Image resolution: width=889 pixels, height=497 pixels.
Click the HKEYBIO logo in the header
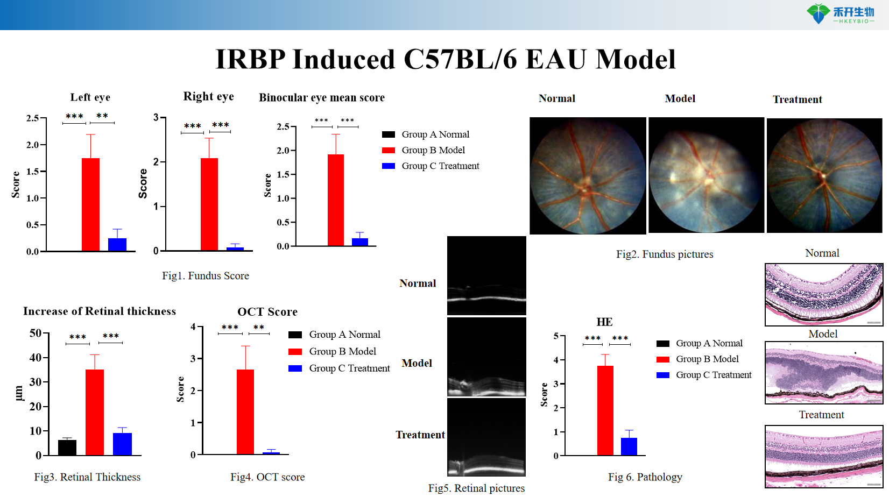[x=840, y=14]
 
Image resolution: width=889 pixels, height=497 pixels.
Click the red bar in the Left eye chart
[x=90, y=204]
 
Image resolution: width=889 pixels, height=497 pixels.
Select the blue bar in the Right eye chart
[x=235, y=248]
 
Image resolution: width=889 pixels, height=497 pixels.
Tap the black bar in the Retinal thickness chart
[x=67, y=448]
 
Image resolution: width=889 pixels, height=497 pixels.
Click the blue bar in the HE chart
[x=629, y=446]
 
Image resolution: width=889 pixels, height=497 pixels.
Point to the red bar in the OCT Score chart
[x=245, y=411]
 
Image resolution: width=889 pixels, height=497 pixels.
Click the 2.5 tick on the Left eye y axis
[x=33, y=118]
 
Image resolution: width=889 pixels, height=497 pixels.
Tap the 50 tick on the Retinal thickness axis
[x=36, y=333]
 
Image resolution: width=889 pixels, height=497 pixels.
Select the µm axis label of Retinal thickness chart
[x=18, y=393]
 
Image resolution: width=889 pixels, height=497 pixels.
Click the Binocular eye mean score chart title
[x=322, y=97]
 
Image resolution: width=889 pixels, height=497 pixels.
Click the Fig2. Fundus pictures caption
[x=665, y=254]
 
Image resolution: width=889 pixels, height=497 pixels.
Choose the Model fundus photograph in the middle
[x=706, y=175]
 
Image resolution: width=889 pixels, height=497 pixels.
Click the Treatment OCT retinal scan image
[x=486, y=437]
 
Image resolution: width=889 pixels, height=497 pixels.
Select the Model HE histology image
[x=824, y=372]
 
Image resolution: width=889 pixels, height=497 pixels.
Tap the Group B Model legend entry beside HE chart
[x=707, y=359]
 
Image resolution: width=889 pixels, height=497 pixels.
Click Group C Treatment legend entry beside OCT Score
[x=349, y=368]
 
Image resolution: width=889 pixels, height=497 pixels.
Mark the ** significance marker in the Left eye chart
[x=102, y=116]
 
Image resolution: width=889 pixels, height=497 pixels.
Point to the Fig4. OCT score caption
[x=267, y=477]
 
